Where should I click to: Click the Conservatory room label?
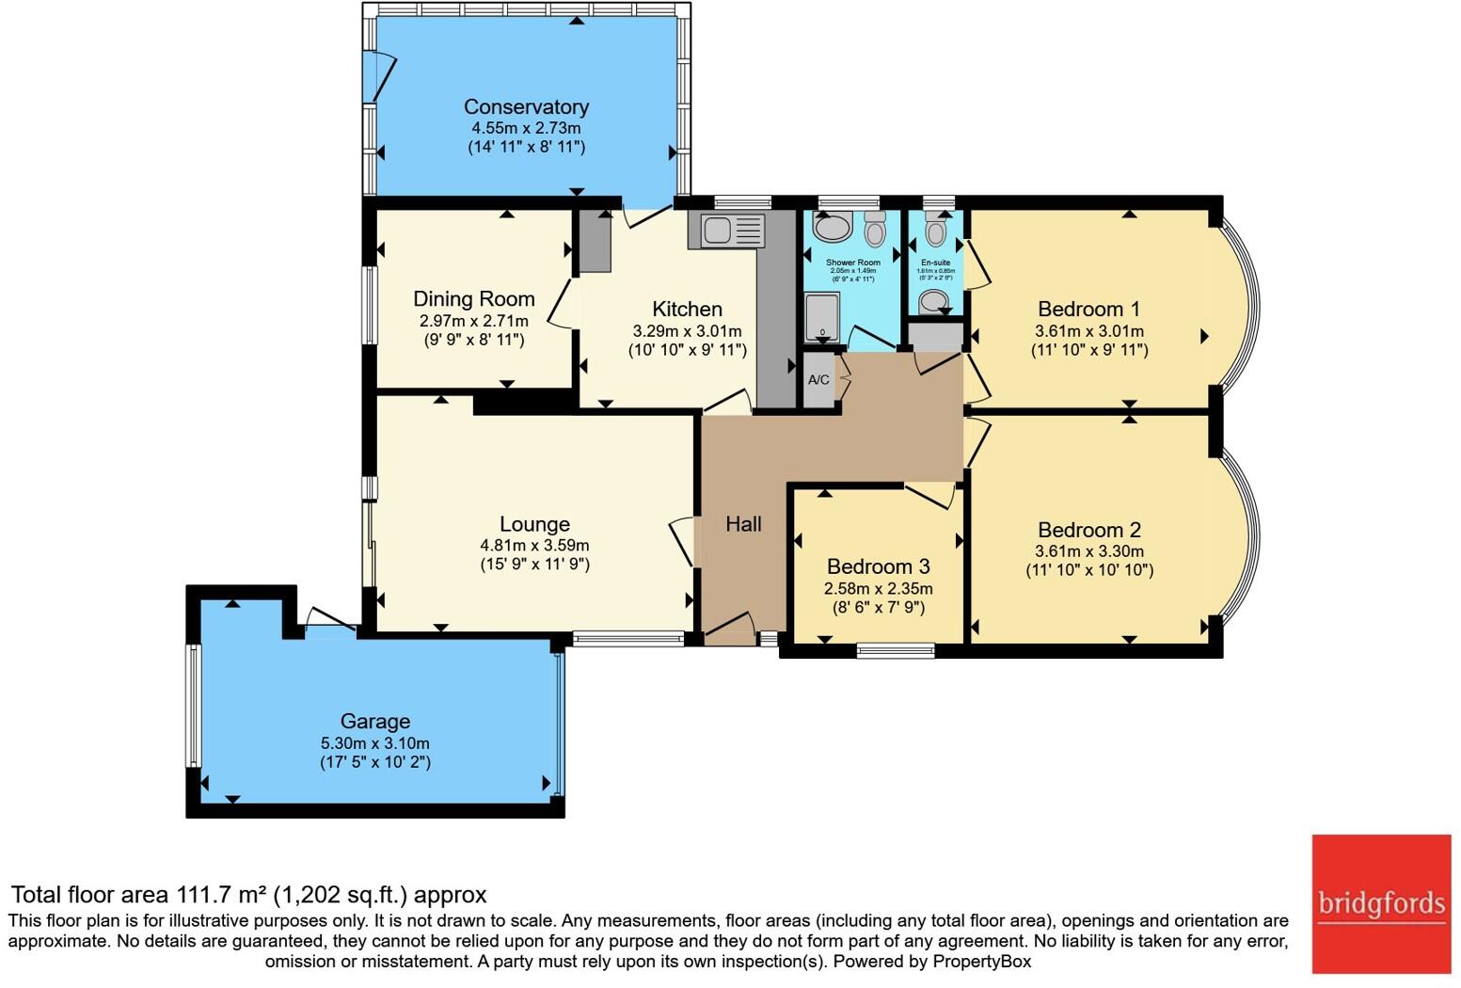point(526,107)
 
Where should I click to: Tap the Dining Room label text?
point(473,299)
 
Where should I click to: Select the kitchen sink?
point(726,230)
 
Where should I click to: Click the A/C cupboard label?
point(818,380)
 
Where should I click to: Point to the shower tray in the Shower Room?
point(822,315)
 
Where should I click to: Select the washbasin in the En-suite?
point(934,300)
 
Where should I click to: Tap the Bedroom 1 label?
point(1088,310)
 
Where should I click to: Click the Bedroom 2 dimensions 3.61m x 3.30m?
point(1088,551)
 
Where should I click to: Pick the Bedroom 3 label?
point(878,566)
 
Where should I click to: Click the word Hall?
point(743,524)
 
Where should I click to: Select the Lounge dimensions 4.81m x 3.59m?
point(534,546)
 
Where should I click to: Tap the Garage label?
point(374,722)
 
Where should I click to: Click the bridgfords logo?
point(1381,904)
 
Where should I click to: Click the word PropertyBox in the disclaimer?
point(981,962)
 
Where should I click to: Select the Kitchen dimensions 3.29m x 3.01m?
point(687,331)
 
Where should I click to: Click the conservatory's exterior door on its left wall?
point(380,75)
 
